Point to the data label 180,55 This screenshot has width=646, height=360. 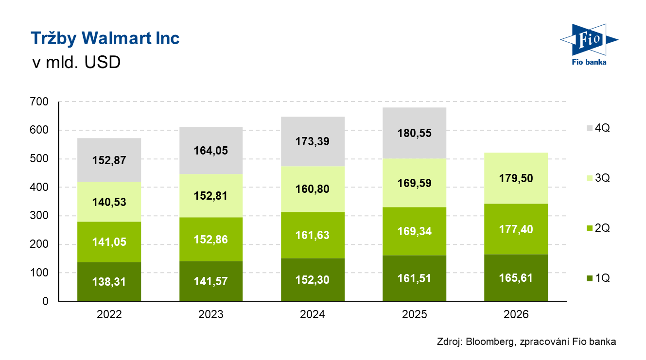point(414,133)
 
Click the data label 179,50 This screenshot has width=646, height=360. point(516,178)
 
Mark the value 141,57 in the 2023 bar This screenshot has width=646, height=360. point(211,282)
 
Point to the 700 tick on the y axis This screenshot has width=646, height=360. point(39,102)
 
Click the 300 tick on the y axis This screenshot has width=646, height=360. point(39,216)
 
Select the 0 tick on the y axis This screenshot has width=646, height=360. point(45,301)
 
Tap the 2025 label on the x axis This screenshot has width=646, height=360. point(414,315)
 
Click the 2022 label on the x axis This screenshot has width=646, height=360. point(109,315)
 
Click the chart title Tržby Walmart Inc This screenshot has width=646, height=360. point(105,38)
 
